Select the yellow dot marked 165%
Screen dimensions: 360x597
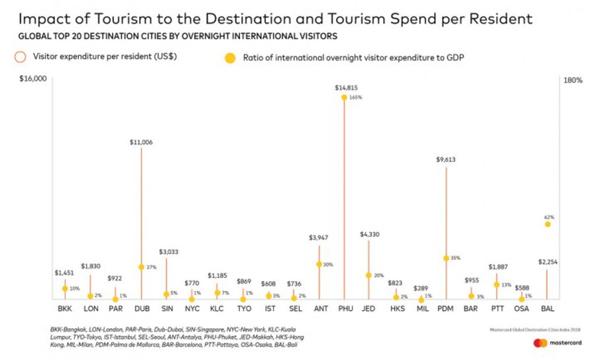(x=344, y=97)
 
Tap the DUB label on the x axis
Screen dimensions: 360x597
(x=141, y=308)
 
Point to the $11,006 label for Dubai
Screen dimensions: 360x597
(x=141, y=142)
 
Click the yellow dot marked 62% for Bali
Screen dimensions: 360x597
(x=547, y=224)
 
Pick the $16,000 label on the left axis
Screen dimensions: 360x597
(x=33, y=80)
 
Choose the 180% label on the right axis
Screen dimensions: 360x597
(x=573, y=80)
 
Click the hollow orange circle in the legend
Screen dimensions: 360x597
(x=21, y=57)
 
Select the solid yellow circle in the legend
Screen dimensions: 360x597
(x=230, y=58)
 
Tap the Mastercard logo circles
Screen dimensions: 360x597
(x=540, y=343)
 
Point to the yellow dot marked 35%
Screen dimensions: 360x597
(x=446, y=258)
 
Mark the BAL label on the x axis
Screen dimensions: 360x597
(x=547, y=308)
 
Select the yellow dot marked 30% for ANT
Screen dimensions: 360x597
(x=319, y=264)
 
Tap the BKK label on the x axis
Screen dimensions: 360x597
(x=64, y=308)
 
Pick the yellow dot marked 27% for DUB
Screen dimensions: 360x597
(x=141, y=267)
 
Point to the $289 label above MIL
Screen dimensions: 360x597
(x=421, y=288)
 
